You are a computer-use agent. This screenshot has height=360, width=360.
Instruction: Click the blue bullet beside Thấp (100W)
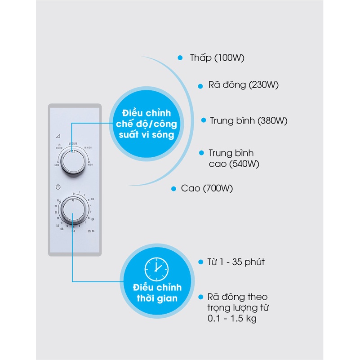180,58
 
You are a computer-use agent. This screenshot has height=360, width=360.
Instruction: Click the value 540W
245,164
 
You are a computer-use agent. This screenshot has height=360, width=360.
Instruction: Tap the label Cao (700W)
207,188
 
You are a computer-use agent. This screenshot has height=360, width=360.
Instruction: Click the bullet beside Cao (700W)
173,189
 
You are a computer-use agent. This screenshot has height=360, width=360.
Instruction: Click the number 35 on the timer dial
58,200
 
